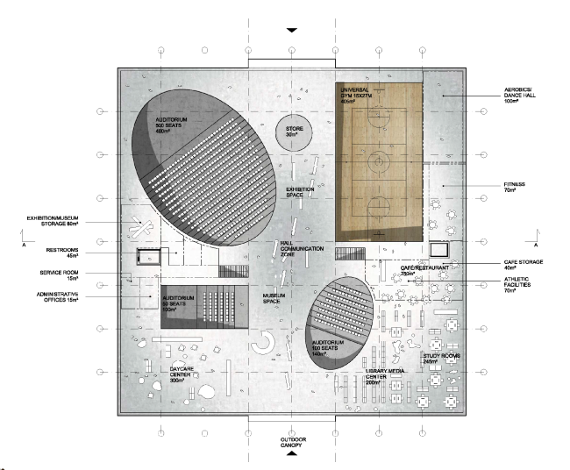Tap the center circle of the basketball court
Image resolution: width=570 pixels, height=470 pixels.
(x=379, y=160)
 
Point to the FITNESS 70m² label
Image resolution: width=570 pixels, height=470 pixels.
(x=514, y=188)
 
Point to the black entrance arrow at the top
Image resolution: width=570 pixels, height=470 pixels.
(x=292, y=30)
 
